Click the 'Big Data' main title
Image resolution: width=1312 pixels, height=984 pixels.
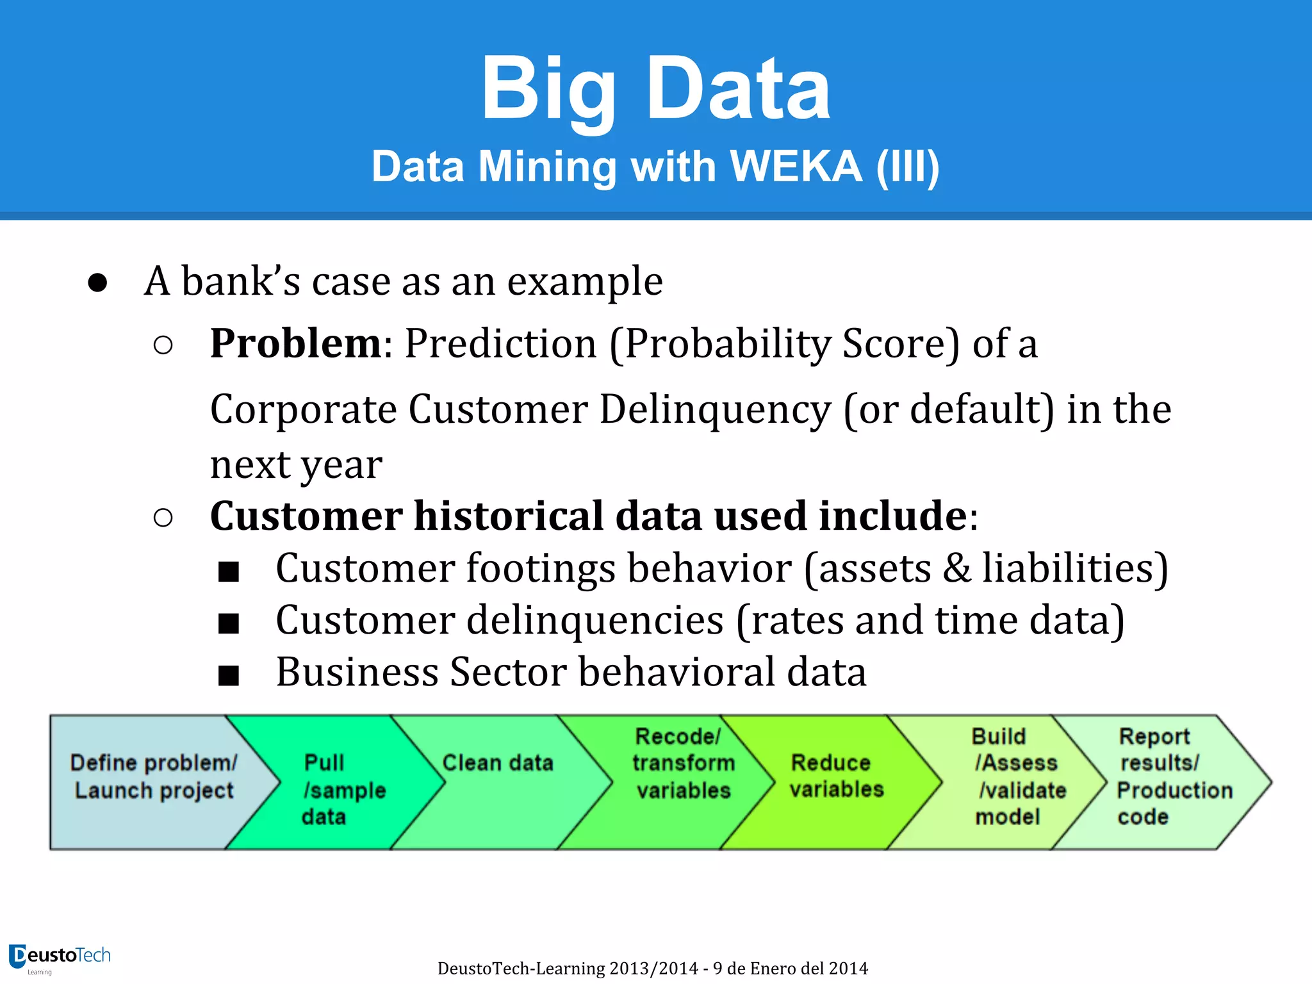pos(655,88)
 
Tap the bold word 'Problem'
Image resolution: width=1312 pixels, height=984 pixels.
pos(296,343)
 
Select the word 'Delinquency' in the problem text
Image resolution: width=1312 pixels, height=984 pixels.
pos(715,409)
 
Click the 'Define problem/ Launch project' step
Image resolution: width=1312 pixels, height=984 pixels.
pos(154,776)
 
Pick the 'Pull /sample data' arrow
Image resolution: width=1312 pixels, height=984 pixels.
pos(333,789)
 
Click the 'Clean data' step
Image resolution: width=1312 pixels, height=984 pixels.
pos(498,764)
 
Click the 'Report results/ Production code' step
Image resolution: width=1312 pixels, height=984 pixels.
pos(1166,776)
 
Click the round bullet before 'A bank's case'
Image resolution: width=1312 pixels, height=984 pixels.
pos(97,283)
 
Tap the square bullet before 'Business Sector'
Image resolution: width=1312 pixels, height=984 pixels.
pos(229,675)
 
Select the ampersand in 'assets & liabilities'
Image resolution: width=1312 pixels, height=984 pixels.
pos(956,569)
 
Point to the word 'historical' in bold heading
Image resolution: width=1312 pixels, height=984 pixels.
pos(509,516)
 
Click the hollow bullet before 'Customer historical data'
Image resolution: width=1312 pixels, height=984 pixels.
pos(163,518)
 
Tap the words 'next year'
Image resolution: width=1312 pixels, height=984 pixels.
pos(296,465)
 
